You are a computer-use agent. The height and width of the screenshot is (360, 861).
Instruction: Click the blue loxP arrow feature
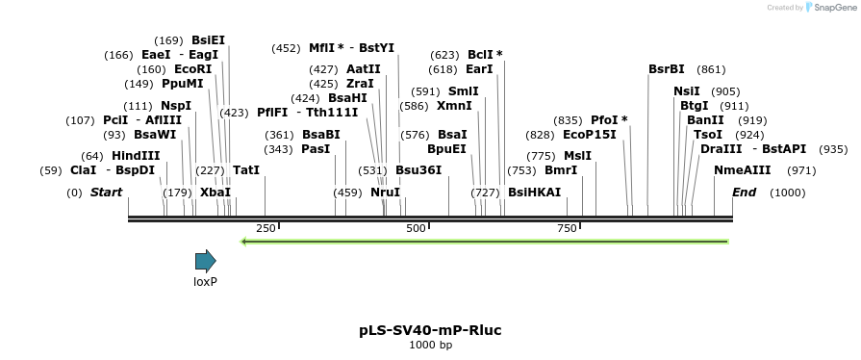coord(205,260)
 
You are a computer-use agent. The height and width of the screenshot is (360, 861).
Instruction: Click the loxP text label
coord(205,282)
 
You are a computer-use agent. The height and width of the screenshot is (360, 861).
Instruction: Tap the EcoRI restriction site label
coord(193,69)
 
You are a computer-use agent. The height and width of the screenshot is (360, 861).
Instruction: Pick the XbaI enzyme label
coord(215,192)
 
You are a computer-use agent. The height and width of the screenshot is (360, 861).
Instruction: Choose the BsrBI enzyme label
coord(667,69)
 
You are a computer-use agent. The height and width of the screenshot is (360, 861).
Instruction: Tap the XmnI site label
coord(454,105)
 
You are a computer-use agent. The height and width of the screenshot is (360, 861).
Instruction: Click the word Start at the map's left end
coord(106,192)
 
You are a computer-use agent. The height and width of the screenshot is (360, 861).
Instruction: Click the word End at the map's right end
coord(745,192)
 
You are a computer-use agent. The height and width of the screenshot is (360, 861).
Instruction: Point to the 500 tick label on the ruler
coord(416,228)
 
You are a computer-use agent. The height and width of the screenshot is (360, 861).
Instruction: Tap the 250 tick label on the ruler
coord(266,228)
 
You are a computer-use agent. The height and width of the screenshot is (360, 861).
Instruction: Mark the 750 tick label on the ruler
coord(567,228)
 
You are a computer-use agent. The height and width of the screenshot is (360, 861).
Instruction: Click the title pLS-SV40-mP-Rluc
coord(430,330)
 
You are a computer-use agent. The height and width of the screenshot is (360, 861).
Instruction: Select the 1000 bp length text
coord(430,345)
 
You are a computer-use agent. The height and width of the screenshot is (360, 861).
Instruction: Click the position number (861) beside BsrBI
coord(711,69)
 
